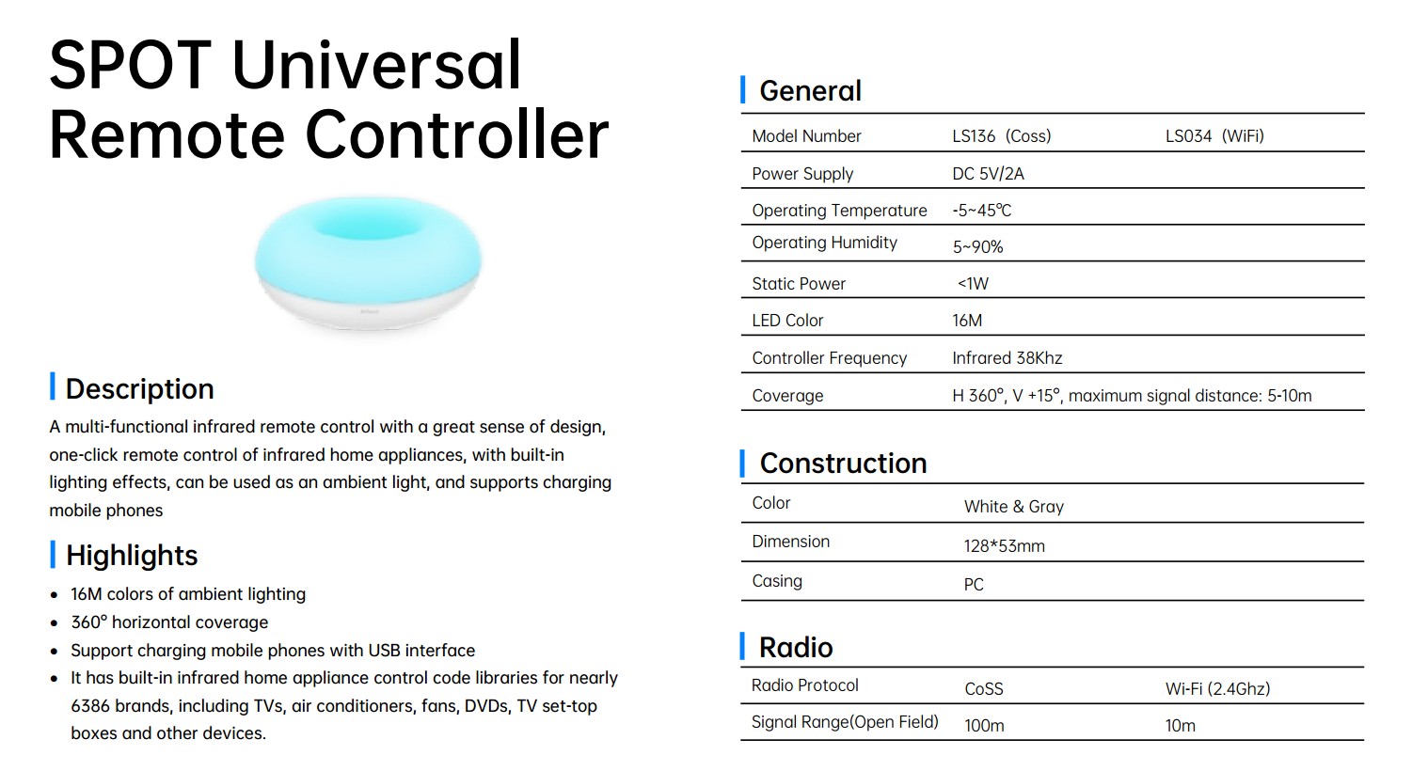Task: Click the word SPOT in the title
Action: coord(131,65)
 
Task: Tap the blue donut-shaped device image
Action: coord(368,262)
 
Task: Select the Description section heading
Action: coord(140,388)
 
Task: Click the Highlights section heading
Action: coord(132,555)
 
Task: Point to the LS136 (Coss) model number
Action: coord(1002,136)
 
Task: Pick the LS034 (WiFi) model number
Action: coord(1214,136)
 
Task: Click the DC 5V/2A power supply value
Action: coord(988,173)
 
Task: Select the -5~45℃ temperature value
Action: coord(981,211)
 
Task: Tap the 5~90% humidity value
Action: coord(977,247)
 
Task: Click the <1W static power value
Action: coord(973,283)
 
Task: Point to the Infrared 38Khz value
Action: coord(1007,358)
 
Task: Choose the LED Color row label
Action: coord(787,320)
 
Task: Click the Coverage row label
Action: coord(787,396)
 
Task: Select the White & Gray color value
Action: coord(1014,507)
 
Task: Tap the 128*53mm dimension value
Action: coord(1004,545)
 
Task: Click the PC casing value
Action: coord(974,585)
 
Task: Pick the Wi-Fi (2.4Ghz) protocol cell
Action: coord(1217,688)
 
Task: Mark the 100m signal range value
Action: coord(984,726)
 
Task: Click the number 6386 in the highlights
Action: coord(90,705)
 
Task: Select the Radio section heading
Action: coord(796,648)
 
